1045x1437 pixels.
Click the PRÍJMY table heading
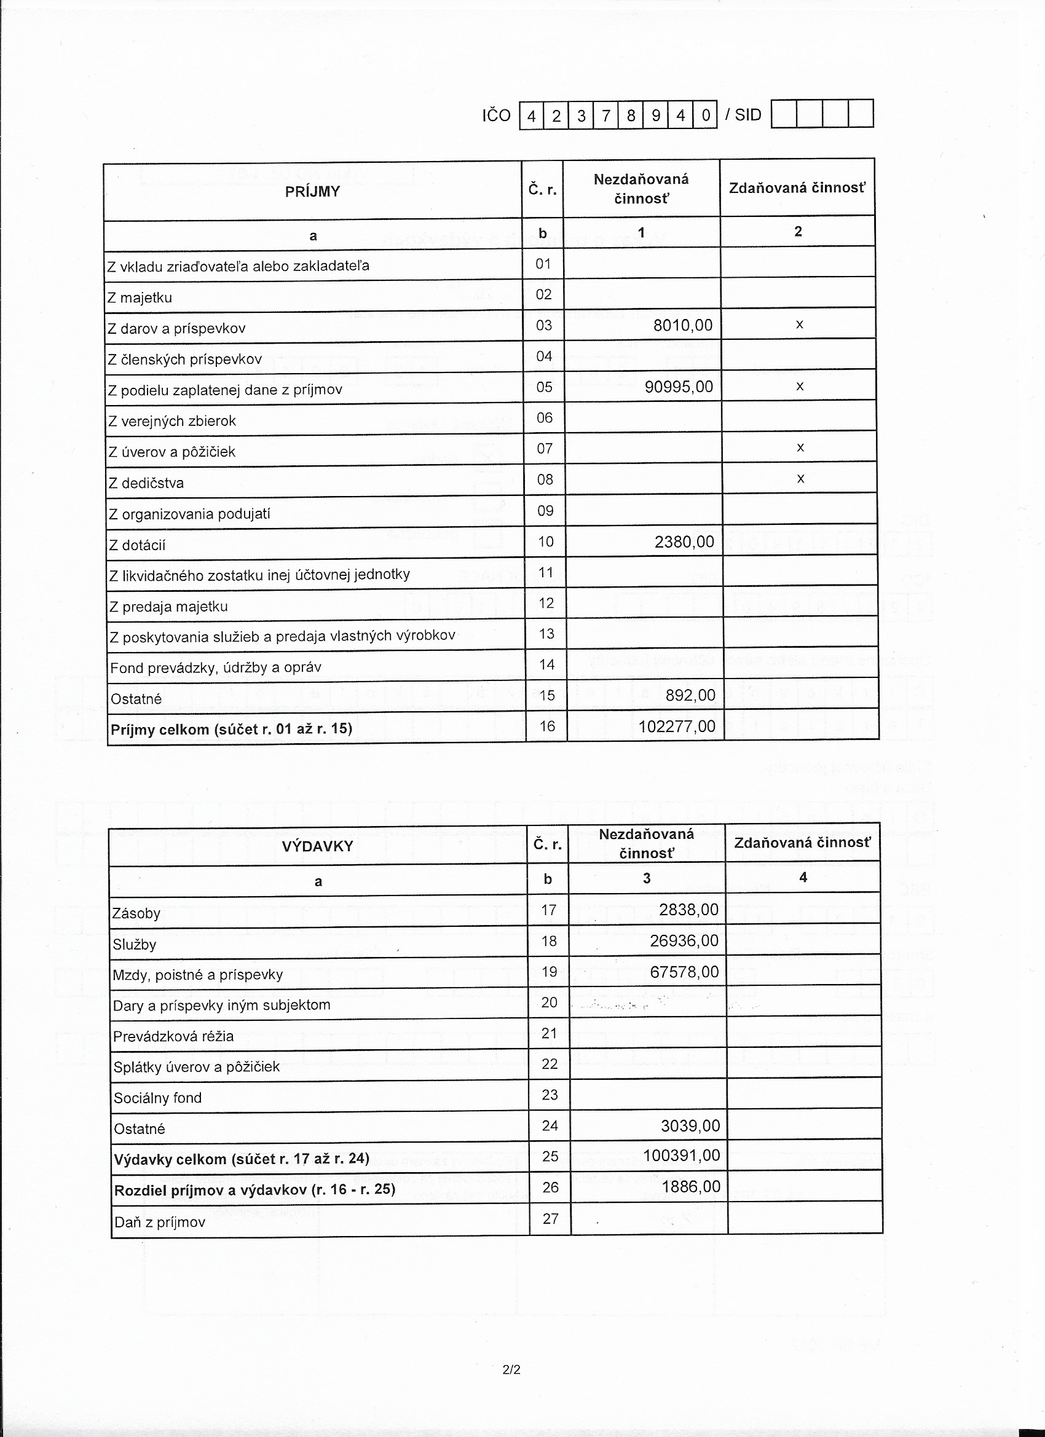[312, 191]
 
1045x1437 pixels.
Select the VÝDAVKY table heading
[317, 846]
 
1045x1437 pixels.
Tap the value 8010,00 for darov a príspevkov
[682, 326]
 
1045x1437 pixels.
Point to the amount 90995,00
[679, 387]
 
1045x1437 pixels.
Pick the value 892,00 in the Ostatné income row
[690, 696]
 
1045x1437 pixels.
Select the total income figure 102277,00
[677, 726]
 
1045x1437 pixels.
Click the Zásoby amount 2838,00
[688, 910]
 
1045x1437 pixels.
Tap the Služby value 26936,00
[684, 941]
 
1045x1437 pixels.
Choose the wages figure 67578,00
[684, 972]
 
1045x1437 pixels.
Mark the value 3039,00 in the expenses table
[690, 1126]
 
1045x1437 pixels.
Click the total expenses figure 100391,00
[681, 1156]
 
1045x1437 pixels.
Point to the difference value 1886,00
[691, 1187]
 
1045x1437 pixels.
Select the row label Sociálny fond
[157, 1098]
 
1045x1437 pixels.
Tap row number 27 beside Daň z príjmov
[550, 1218]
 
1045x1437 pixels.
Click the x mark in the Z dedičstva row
[800, 479]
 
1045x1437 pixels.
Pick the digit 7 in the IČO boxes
[606, 116]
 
